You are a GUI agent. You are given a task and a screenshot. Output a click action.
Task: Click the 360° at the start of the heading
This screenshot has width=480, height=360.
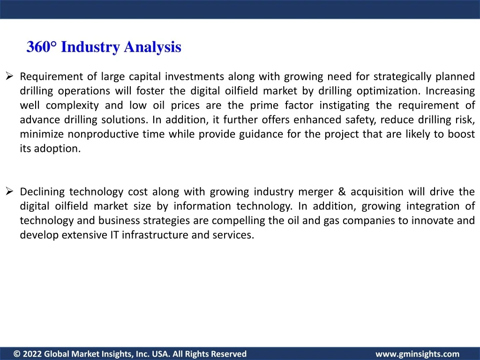(x=42, y=47)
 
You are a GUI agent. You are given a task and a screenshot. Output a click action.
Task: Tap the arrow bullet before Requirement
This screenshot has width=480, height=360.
(x=9, y=75)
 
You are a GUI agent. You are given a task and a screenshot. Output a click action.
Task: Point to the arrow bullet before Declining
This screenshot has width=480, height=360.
(x=9, y=191)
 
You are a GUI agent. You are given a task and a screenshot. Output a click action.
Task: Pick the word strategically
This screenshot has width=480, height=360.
(x=402, y=76)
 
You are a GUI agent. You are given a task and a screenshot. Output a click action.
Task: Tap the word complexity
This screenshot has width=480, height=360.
(x=72, y=105)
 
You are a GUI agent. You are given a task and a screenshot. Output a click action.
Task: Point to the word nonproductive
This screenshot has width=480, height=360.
(x=103, y=134)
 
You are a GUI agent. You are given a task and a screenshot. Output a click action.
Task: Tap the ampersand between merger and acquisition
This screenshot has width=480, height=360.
(x=342, y=192)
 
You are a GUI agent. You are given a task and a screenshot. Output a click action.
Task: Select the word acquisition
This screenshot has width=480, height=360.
(x=377, y=192)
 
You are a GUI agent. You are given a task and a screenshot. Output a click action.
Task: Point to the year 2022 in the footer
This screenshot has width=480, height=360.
(x=32, y=354)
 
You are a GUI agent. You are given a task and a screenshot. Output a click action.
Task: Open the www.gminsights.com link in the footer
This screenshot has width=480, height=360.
(x=417, y=354)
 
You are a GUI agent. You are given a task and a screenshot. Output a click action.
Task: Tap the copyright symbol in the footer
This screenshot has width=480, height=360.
(x=17, y=354)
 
